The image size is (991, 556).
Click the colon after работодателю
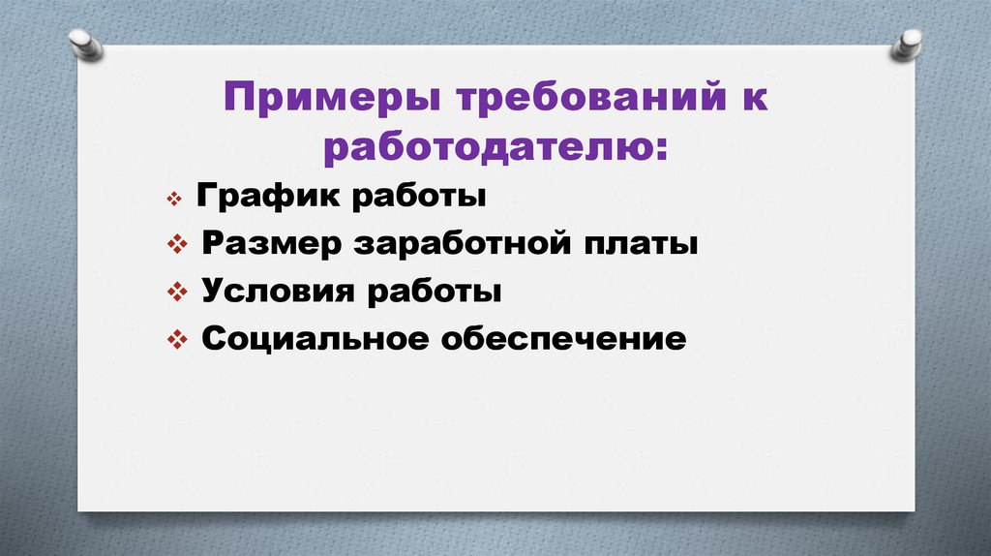pos(661,152)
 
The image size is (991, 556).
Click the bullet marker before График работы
pos(175,200)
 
